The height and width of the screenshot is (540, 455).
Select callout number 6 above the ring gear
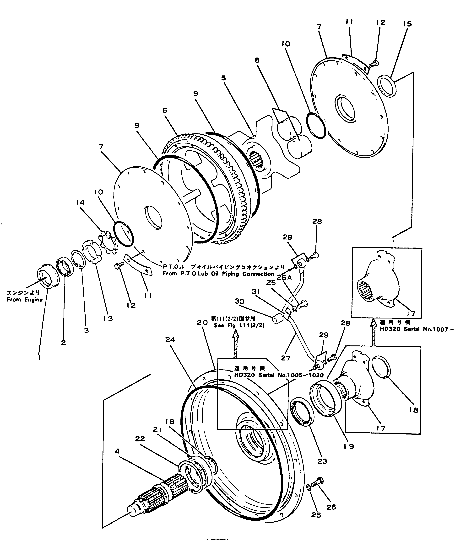pos(165,110)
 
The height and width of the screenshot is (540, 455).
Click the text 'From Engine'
pos(25,300)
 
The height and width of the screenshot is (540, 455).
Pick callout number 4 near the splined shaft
pos(117,451)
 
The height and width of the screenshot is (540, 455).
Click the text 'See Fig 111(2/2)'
pos(239,326)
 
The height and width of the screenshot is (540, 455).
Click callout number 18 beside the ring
pos(414,410)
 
